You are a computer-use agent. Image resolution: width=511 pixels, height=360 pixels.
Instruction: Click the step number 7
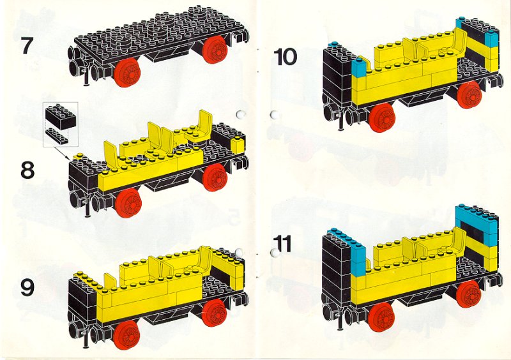coord(27,45)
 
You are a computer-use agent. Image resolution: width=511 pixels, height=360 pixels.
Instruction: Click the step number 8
coord(27,170)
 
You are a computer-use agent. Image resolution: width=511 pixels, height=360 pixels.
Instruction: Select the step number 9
coord(27,288)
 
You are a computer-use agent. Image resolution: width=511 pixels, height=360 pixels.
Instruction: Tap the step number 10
coord(285,57)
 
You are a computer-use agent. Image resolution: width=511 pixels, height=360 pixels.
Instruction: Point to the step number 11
coord(282,244)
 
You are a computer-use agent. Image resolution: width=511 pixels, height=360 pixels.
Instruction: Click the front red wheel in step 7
coord(127,73)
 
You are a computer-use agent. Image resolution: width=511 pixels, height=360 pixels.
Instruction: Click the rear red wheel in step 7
coord(215,50)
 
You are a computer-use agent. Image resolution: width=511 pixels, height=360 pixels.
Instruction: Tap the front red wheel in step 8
coord(128,201)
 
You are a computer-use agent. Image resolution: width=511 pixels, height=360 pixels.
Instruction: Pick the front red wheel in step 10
coord(383,117)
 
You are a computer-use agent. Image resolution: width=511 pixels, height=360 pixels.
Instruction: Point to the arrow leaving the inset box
coord(60,153)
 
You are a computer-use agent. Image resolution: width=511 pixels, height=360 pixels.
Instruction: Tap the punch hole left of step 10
coord(275,115)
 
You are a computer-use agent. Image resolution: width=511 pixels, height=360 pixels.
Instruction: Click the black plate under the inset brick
coord(57,135)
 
